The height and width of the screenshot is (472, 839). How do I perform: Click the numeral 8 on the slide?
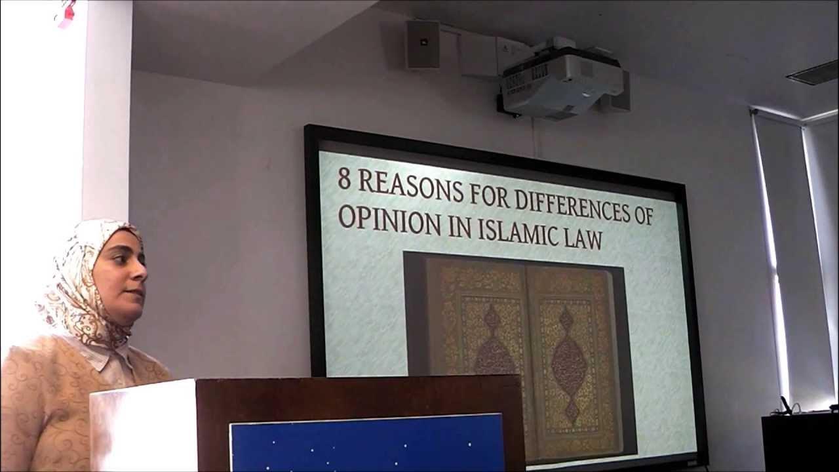pos(344,179)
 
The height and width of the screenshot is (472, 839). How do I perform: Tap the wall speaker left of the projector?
pos(422,45)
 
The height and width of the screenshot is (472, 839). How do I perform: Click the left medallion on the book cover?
pos(494,347)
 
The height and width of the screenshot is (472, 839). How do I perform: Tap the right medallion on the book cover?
pos(567,354)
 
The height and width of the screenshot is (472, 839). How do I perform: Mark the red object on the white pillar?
pos(66,14)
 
